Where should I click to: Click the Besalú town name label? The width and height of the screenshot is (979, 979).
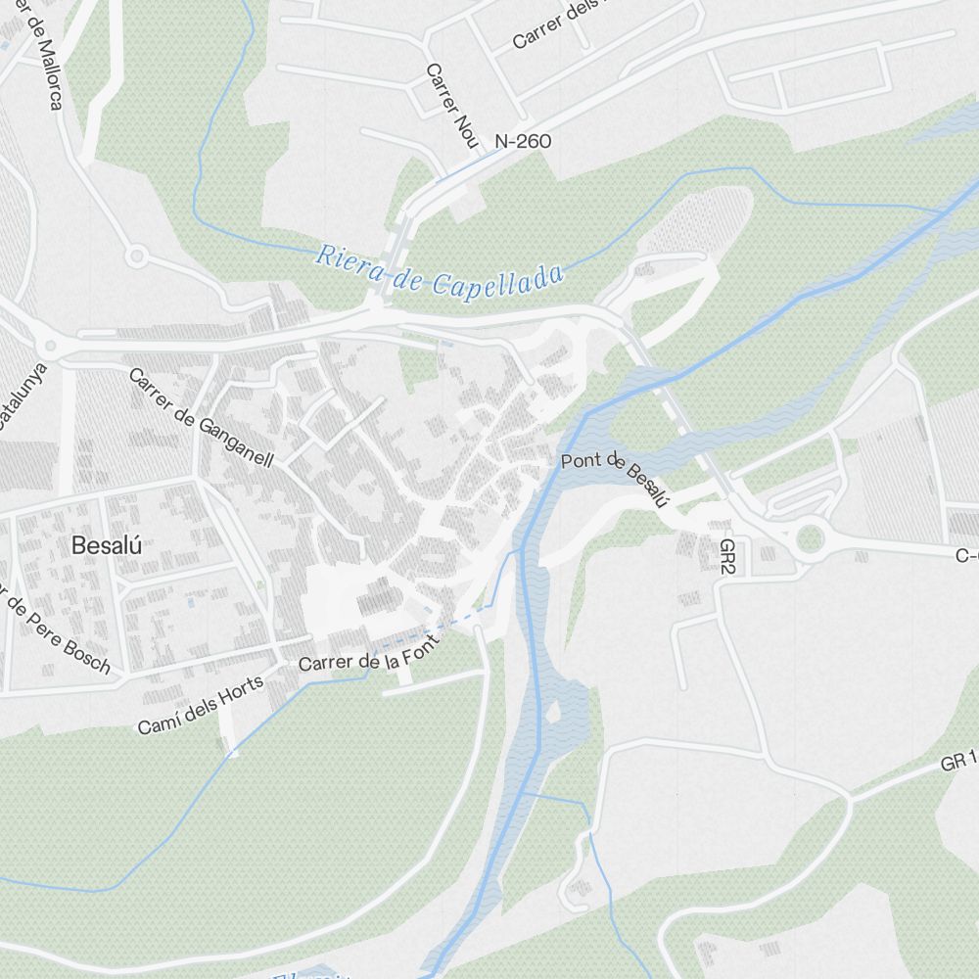pyautogui.click(x=107, y=547)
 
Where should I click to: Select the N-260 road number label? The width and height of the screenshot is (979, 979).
pyautogui.click(x=523, y=142)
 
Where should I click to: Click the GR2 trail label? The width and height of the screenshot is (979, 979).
pyautogui.click(x=727, y=556)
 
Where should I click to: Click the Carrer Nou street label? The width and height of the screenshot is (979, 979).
pyautogui.click(x=450, y=107)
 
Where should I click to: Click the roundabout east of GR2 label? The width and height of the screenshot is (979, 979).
pyautogui.click(x=810, y=537)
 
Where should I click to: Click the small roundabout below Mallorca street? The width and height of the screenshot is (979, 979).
pyautogui.click(x=136, y=257)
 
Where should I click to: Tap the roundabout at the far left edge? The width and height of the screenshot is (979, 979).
pyautogui.click(x=46, y=345)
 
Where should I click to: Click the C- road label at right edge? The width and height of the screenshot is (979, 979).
pyautogui.click(x=967, y=556)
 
